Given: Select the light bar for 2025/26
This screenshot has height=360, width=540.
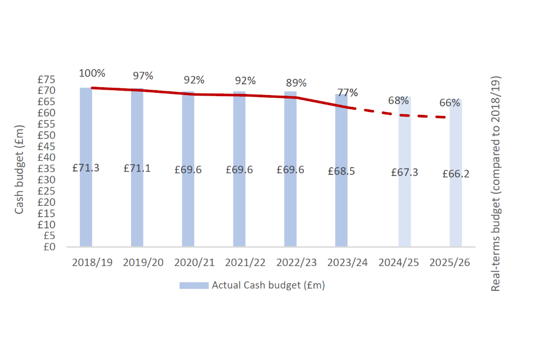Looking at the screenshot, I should tap(456, 214).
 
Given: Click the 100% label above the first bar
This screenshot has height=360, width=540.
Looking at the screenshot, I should tap(92, 73).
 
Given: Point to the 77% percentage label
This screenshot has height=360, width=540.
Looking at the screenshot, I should tap(348, 93).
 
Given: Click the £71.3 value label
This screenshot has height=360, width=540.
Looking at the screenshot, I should tap(86, 168).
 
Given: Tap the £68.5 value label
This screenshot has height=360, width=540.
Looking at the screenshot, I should tap(341, 171).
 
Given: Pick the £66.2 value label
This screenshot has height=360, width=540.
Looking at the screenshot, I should tap(456, 174).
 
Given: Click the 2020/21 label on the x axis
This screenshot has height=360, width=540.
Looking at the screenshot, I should tap(194, 263).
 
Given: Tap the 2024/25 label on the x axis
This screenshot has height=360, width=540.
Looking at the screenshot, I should tap(398, 263).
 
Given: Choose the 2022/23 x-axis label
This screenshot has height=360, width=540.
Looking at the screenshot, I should tap(296, 263).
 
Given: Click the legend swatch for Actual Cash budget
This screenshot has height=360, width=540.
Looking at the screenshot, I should tap(193, 285).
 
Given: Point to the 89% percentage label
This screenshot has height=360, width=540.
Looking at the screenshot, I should tap(296, 83).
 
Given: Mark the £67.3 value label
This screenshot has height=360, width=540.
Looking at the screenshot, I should tap(404, 172).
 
